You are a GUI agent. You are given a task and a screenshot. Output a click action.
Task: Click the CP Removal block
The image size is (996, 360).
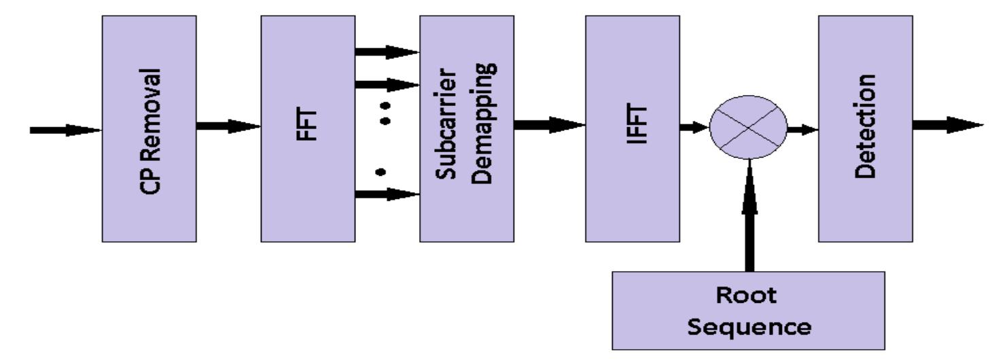(x=149, y=128)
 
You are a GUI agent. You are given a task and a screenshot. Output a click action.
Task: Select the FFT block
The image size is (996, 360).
(x=307, y=128)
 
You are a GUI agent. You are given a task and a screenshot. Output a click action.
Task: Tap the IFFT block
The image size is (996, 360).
(x=632, y=128)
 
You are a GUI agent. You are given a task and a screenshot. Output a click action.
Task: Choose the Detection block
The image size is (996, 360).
(x=865, y=128)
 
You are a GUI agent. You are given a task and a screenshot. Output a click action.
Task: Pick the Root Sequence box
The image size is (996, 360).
(x=748, y=310)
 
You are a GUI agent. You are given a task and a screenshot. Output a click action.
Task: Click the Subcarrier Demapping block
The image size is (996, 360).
(x=466, y=128)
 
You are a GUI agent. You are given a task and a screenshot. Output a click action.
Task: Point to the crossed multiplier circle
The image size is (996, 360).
(x=747, y=128)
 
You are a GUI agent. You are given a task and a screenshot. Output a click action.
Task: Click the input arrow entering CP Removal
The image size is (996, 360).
(x=65, y=130)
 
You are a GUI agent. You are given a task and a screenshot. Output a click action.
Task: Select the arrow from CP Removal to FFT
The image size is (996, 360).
(x=228, y=126)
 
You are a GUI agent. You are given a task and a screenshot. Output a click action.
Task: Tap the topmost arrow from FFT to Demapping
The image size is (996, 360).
(x=387, y=51)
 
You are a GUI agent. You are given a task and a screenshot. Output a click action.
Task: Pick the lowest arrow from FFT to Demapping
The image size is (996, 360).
(x=387, y=194)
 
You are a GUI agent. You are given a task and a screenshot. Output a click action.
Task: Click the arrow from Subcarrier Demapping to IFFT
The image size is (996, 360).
(x=549, y=124)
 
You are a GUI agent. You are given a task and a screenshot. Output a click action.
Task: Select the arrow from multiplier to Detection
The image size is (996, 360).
(x=802, y=129)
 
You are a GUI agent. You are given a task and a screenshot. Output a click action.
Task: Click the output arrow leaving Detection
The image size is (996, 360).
(x=946, y=125)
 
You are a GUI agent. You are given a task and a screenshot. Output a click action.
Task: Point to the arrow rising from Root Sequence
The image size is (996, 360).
(x=749, y=217)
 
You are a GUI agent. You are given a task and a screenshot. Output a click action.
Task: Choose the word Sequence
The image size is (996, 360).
(x=748, y=326)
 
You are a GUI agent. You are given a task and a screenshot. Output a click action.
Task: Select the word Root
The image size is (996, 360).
(x=748, y=296)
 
